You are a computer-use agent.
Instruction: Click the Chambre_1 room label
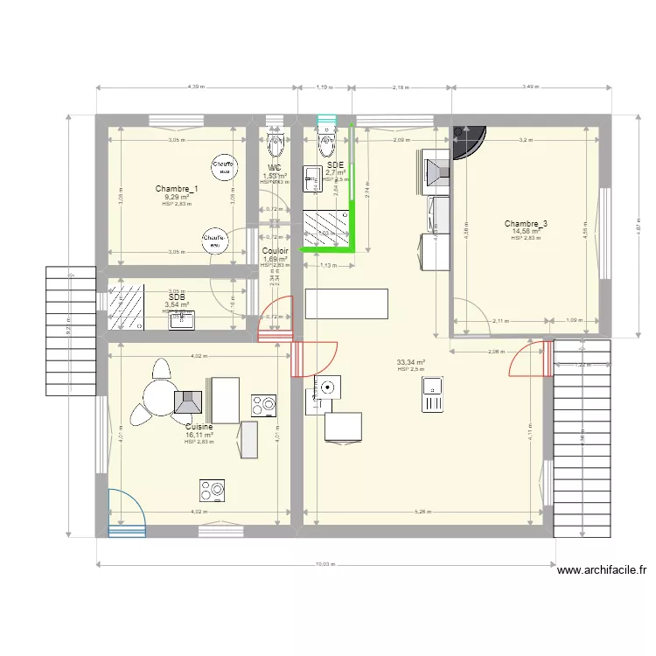click(176, 189)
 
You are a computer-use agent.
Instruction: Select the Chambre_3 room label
click(526, 224)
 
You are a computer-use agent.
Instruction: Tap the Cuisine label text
click(199, 427)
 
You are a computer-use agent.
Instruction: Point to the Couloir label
click(276, 251)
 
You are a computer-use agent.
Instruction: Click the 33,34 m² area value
click(410, 362)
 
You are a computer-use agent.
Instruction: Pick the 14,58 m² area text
click(526, 232)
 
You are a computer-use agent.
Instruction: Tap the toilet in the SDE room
click(328, 143)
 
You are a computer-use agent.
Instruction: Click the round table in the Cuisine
click(161, 399)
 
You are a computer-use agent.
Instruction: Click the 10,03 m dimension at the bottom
click(325, 564)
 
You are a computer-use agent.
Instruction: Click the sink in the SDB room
click(182, 321)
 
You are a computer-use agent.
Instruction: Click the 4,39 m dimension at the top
click(194, 87)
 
